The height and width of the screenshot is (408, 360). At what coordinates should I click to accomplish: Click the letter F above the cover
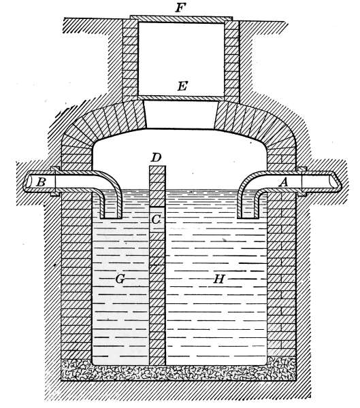tap(180, 7)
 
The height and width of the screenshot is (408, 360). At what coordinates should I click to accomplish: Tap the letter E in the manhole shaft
tap(182, 86)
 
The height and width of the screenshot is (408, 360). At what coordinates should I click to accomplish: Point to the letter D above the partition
tap(156, 158)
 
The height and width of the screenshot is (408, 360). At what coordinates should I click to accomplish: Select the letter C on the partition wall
tap(156, 220)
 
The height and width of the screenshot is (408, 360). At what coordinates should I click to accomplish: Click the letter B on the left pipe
tap(41, 182)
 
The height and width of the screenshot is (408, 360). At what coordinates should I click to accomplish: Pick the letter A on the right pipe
tap(283, 183)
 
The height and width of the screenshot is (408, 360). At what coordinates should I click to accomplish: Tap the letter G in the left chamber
tap(120, 279)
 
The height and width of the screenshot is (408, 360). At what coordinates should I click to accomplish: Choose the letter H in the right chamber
tap(219, 279)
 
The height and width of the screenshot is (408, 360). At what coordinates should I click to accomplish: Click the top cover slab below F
tap(181, 19)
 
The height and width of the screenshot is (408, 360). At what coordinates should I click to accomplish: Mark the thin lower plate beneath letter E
tap(181, 97)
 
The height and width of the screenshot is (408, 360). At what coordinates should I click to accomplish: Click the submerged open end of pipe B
tap(112, 216)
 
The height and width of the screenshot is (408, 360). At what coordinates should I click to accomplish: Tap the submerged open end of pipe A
tap(249, 216)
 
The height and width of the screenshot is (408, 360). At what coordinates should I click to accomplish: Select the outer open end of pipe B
tap(28, 182)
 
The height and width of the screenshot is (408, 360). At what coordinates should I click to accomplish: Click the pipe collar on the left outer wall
tap(55, 182)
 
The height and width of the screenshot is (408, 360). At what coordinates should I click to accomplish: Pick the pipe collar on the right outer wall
tap(301, 182)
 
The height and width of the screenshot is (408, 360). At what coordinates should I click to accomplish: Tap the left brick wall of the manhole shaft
tap(130, 58)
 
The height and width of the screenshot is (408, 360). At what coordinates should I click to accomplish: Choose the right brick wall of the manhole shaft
tap(231, 58)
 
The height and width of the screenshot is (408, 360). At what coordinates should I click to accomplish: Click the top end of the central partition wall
tap(157, 167)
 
